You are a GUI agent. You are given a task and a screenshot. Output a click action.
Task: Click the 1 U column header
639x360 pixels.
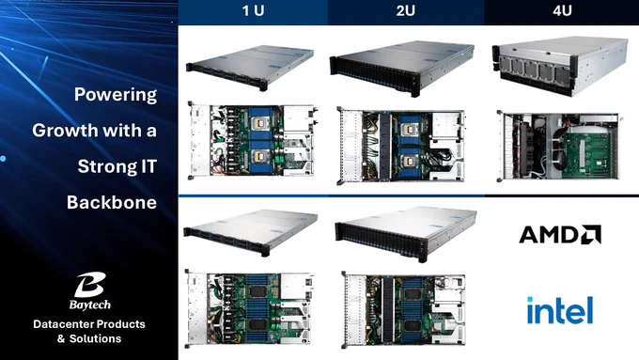click(x=253, y=10)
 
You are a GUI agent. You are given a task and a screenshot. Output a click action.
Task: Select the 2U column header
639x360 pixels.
click(x=406, y=10)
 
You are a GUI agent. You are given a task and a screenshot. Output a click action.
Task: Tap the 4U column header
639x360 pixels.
click(x=562, y=10)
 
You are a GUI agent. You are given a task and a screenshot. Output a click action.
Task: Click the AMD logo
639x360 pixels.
click(x=560, y=234)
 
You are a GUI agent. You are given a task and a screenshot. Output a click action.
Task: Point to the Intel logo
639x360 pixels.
click(x=560, y=310)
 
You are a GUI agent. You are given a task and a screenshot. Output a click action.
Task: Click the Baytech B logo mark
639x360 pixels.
click(x=90, y=285)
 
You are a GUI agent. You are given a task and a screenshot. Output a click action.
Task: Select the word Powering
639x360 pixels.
click(x=116, y=95)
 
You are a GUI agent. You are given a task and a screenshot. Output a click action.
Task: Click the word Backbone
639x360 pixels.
click(x=112, y=202)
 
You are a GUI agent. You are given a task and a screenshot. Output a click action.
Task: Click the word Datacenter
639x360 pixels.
click(x=61, y=324)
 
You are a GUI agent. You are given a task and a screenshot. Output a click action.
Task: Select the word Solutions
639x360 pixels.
click(x=95, y=338)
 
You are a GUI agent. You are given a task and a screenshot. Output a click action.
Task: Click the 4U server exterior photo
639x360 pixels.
click(x=560, y=66)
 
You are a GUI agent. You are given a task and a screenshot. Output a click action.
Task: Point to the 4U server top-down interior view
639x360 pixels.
click(x=558, y=146)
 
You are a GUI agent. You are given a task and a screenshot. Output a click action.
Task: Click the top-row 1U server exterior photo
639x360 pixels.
click(x=250, y=68)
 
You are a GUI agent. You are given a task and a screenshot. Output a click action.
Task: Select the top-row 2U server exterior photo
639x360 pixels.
click(x=402, y=68)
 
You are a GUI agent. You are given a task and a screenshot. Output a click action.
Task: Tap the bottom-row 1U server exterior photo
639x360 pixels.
click(x=250, y=232)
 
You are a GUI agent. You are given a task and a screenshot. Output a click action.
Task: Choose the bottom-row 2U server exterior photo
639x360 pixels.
click(x=406, y=234)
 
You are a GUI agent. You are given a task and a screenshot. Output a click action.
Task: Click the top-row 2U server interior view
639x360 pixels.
click(x=401, y=146)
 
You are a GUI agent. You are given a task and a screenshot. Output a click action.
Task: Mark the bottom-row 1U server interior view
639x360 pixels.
click(x=249, y=308)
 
